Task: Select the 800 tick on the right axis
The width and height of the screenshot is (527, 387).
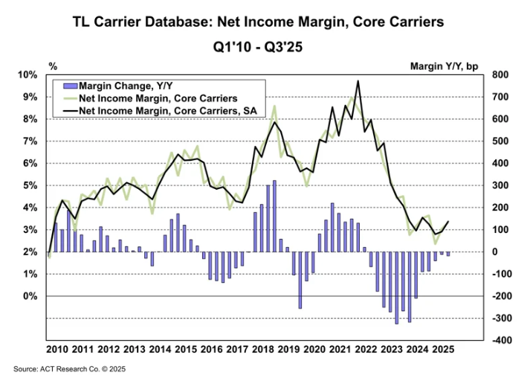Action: (x=499, y=75)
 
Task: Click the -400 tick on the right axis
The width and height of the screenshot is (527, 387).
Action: (x=497, y=340)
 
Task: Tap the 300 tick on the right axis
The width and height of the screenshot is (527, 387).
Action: (x=499, y=185)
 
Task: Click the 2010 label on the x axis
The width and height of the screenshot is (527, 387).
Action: (x=57, y=350)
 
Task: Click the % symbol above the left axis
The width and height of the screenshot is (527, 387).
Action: (x=53, y=65)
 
